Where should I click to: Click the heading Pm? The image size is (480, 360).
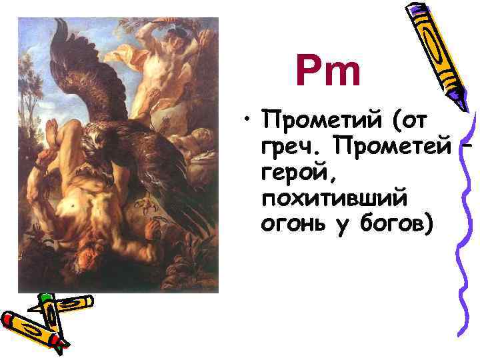[329, 72]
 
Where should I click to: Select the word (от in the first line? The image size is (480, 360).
[413, 122]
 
